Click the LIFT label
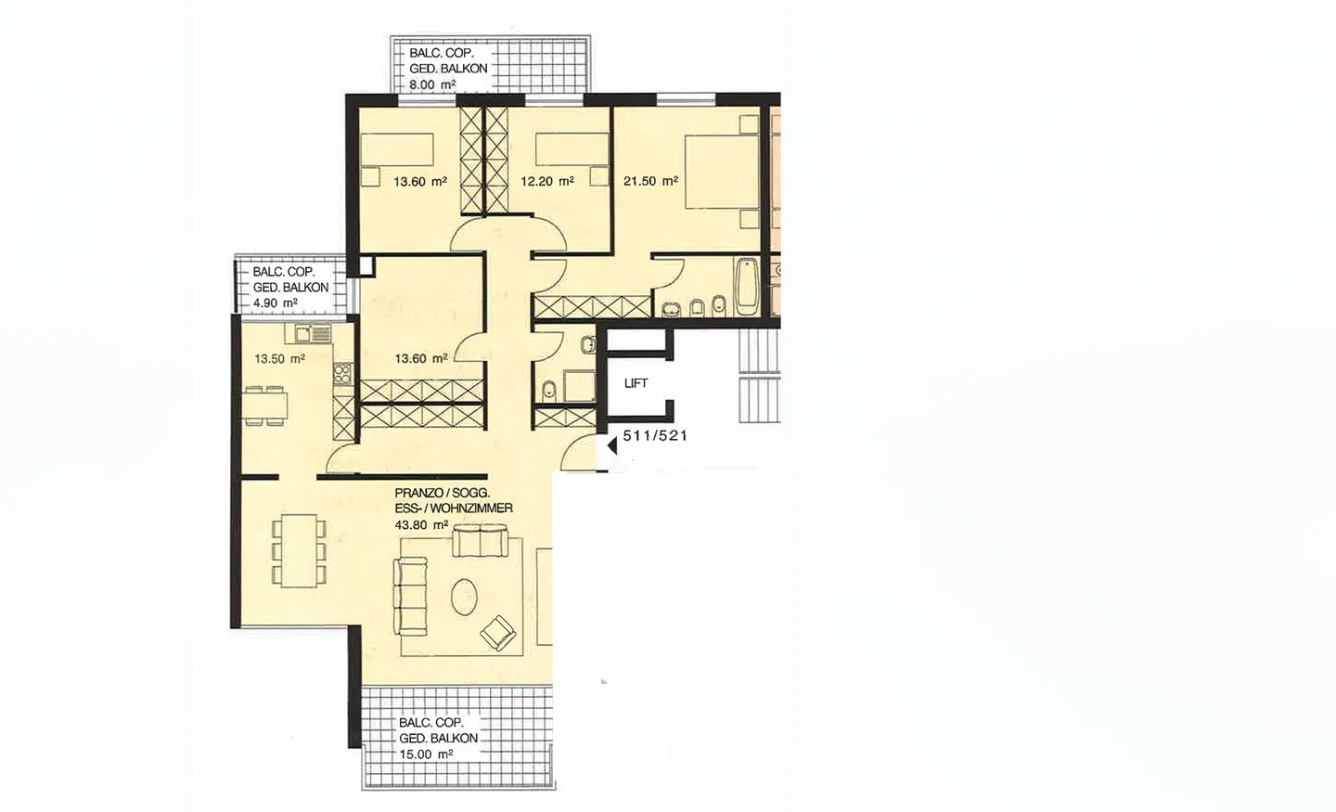(636, 383)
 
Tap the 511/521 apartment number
(655, 435)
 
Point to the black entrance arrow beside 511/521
(612, 445)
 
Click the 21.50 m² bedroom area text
(650, 181)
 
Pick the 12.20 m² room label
(546, 182)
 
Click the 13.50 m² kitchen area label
(279, 358)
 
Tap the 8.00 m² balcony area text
(432, 84)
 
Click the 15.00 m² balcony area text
(426, 754)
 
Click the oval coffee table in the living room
(464, 596)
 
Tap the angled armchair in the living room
(498, 633)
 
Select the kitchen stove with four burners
(341, 375)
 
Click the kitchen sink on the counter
(313, 333)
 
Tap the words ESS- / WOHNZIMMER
(454, 509)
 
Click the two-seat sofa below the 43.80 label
(480, 538)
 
